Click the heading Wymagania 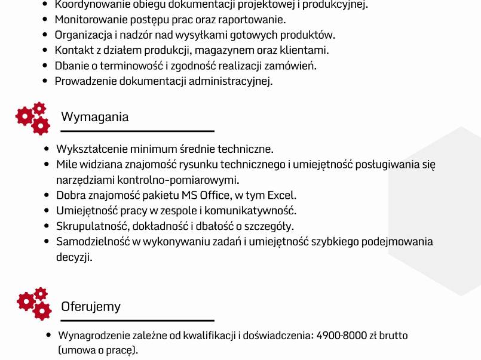94,116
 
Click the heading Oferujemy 91,307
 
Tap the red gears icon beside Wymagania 33,117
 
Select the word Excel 281,195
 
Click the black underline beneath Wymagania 137,131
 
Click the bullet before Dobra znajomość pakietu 47,195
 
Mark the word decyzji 75,257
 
